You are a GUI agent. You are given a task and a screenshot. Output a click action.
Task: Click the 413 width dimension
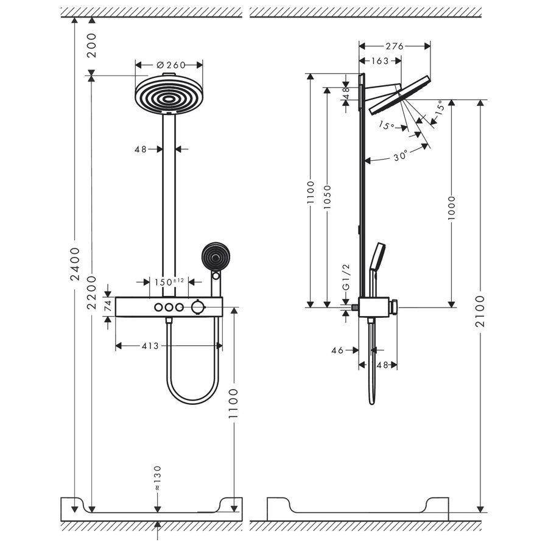[x=150, y=346]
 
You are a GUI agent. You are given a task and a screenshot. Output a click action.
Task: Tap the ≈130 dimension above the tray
[x=157, y=478]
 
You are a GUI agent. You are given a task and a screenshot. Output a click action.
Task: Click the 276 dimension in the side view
[x=395, y=46]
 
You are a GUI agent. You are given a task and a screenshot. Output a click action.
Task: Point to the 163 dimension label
[x=379, y=60]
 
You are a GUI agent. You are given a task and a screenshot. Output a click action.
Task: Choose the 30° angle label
[x=399, y=156]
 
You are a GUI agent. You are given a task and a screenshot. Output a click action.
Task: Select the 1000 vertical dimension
[x=452, y=209]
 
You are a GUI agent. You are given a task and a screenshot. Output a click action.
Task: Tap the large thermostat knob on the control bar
[x=197, y=307]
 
